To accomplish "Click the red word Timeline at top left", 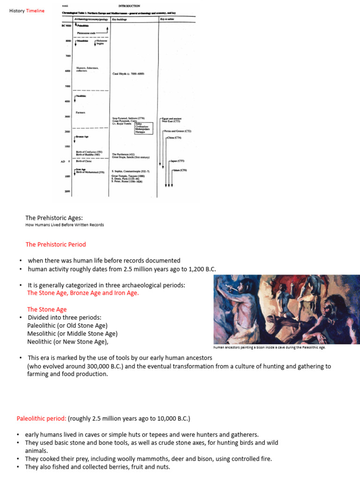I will click(x=35, y=11).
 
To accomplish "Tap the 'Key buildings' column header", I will click(x=119, y=19).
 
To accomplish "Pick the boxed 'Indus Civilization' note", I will click(x=143, y=128).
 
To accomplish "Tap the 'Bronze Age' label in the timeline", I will click(x=82, y=136).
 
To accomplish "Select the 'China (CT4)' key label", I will click(x=174, y=138).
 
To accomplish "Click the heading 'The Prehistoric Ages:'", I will click(x=54, y=218).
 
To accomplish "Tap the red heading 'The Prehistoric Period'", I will click(x=56, y=244).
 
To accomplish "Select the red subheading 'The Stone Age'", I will click(x=47, y=309).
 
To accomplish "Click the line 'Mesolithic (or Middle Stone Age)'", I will click(x=72, y=334).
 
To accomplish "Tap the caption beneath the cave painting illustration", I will click(x=269, y=347).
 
